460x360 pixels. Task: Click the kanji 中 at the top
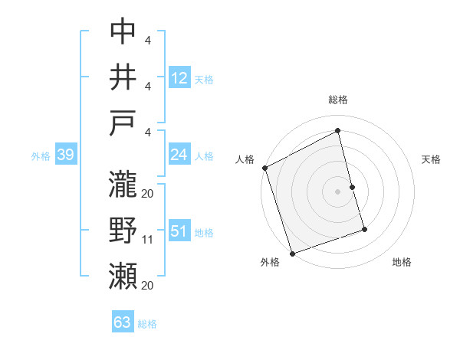click(123, 32)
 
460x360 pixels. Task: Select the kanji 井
click(123, 77)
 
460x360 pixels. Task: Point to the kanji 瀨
click(123, 275)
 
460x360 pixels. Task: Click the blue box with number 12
click(179, 77)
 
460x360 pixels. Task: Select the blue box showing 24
click(179, 155)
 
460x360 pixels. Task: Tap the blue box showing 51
click(179, 231)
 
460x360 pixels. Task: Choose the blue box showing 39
click(65, 155)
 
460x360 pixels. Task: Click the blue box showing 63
click(123, 322)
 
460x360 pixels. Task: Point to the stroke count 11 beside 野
click(149, 240)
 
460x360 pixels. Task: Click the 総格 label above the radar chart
click(338, 100)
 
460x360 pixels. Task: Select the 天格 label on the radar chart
click(432, 159)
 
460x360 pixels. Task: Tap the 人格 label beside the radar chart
click(245, 159)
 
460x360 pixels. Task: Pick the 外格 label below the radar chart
click(270, 262)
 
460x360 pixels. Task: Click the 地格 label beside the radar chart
click(402, 262)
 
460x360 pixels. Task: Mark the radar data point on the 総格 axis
click(338, 130)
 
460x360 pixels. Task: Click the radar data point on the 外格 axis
click(292, 253)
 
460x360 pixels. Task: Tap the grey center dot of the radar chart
click(338, 191)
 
